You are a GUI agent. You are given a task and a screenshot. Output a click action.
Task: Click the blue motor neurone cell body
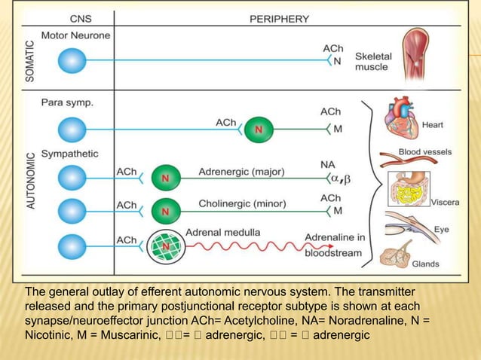point(73,59)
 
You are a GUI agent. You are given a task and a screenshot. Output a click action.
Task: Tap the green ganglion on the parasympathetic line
point(259,129)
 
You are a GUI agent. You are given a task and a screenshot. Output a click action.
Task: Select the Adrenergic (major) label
point(241,172)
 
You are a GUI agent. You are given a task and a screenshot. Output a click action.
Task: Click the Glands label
point(426,264)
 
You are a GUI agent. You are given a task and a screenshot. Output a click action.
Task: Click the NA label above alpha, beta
point(328,163)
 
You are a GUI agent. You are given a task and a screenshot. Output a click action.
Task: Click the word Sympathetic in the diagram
point(70,154)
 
